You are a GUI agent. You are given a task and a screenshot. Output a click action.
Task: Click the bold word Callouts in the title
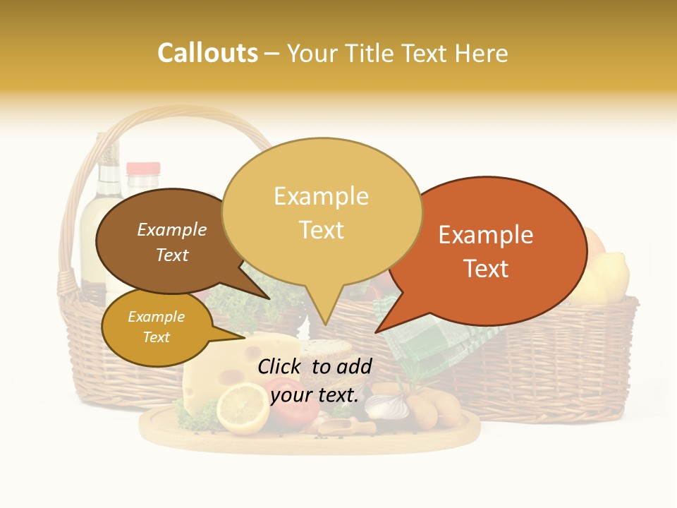click(x=207, y=53)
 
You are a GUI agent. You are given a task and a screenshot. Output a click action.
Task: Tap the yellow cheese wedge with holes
click(x=212, y=374)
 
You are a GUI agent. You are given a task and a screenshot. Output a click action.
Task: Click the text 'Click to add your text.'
click(x=315, y=380)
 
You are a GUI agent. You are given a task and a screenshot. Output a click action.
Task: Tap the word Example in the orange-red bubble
click(x=486, y=235)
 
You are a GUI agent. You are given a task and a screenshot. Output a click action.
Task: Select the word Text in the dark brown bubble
click(x=172, y=255)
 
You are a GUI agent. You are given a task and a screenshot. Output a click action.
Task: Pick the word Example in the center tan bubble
click(x=321, y=196)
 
